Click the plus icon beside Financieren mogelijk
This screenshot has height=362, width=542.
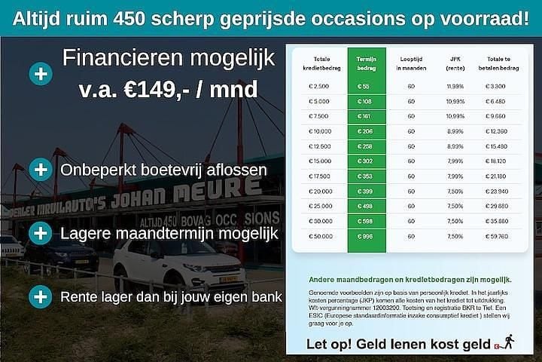(x=40, y=74)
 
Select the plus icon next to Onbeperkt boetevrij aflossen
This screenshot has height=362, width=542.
(x=40, y=170)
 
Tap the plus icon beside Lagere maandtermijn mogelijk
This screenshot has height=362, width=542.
(x=40, y=233)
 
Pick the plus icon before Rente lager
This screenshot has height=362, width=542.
(x=40, y=296)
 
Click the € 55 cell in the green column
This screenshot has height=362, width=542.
(x=367, y=86)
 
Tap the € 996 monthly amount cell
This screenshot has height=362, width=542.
(x=367, y=236)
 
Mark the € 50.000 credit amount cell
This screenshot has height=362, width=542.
(x=319, y=236)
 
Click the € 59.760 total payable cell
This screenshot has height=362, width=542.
(x=498, y=236)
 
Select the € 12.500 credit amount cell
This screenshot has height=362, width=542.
(x=319, y=146)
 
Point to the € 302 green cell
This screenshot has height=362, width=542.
(x=367, y=161)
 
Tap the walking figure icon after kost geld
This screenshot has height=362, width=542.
(x=509, y=342)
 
